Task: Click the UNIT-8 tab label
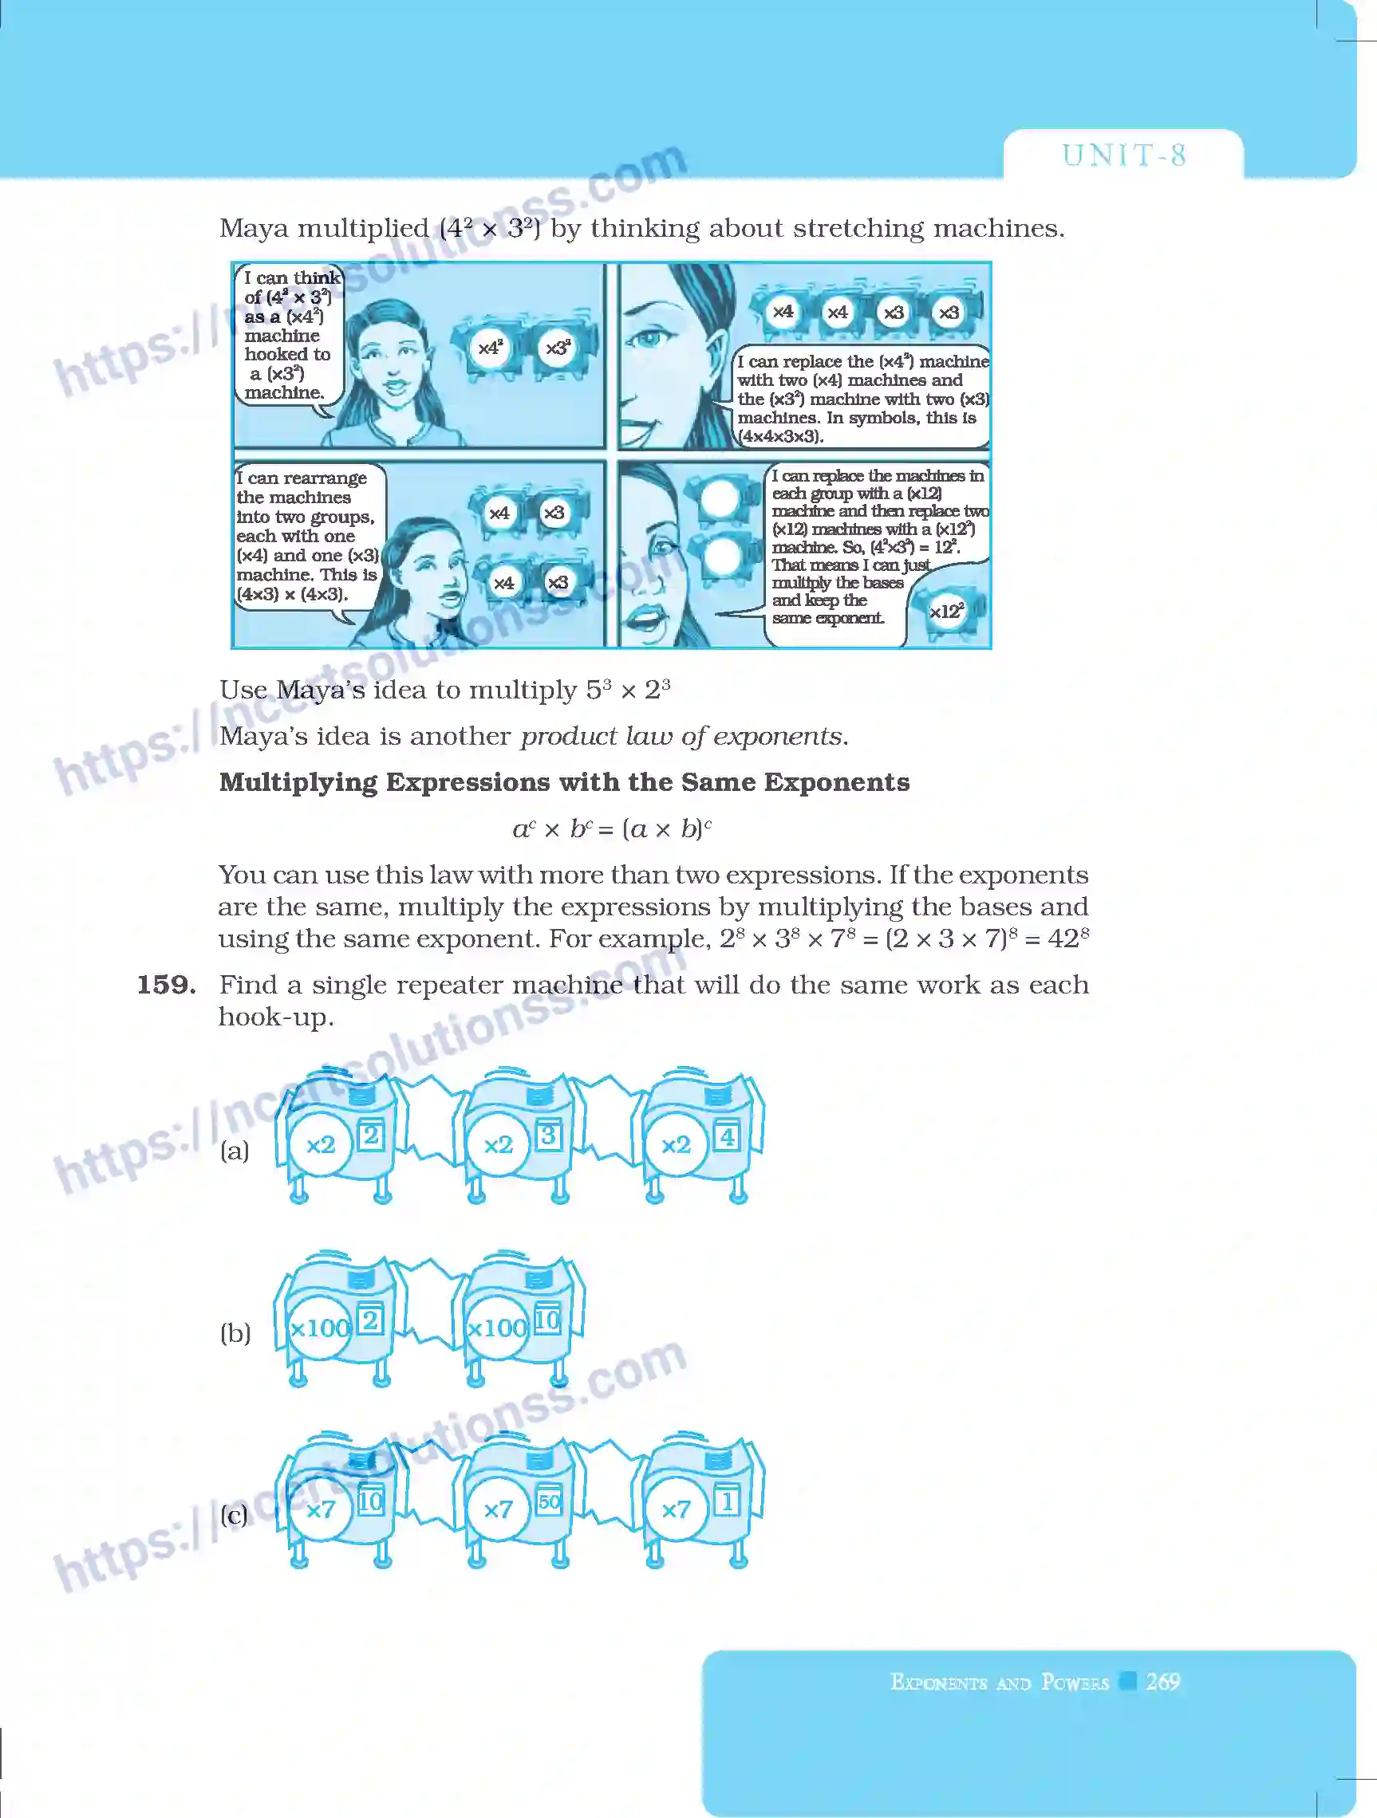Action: tap(1123, 155)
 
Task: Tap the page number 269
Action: tap(1162, 1681)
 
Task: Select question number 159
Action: tap(166, 985)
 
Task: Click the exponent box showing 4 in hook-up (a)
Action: tap(727, 1137)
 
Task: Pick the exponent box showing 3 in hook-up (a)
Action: tap(548, 1135)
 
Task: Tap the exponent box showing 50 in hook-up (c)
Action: tap(548, 1501)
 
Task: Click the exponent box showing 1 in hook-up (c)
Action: tap(727, 1501)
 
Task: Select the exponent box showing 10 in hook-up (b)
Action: tap(547, 1320)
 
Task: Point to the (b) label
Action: tap(235, 1332)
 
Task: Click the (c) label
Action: tap(235, 1514)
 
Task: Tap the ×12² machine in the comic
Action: tap(946, 612)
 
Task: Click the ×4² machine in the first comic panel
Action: tap(490, 348)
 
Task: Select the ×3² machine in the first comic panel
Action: tap(558, 348)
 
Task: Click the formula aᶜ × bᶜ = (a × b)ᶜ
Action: tap(612, 828)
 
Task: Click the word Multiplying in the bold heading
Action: tap(298, 781)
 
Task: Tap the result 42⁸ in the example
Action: tap(1068, 938)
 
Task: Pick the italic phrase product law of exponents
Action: tap(681, 736)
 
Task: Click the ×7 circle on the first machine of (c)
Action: tap(321, 1509)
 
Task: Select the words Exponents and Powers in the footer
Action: tap(999, 1682)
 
